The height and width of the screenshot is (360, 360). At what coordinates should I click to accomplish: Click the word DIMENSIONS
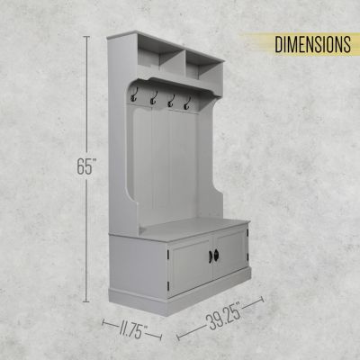click(313, 45)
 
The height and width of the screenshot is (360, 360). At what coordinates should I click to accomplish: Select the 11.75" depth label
click(133, 328)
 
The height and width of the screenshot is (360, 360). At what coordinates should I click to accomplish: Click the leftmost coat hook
click(133, 94)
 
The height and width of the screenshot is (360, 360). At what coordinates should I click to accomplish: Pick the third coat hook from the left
click(171, 101)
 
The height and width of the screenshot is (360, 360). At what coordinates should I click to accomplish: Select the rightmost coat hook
click(188, 103)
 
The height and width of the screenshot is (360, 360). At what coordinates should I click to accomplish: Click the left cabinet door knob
click(211, 256)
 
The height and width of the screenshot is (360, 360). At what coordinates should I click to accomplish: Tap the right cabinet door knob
click(216, 255)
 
